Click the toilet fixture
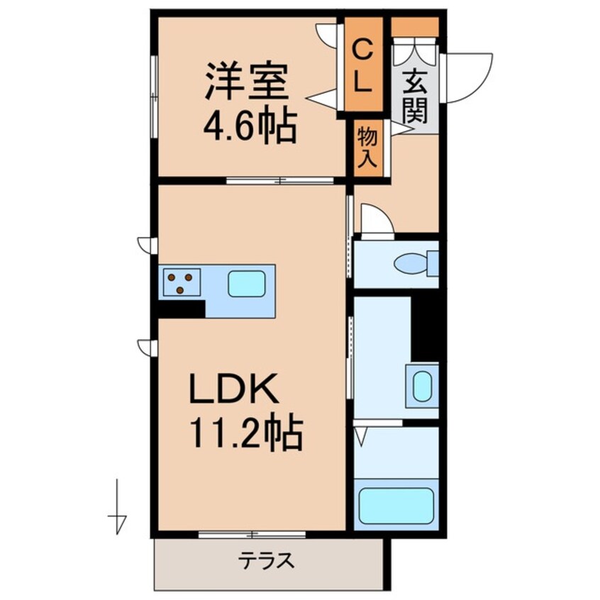pyautogui.click(x=413, y=264)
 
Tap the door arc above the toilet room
pyautogui.click(x=377, y=219)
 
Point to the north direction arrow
pyautogui.click(x=118, y=509)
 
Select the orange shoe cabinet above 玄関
pyautogui.click(x=415, y=27)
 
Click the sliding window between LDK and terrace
pyautogui.click(x=252, y=534)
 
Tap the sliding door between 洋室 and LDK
pyautogui.click(x=280, y=180)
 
